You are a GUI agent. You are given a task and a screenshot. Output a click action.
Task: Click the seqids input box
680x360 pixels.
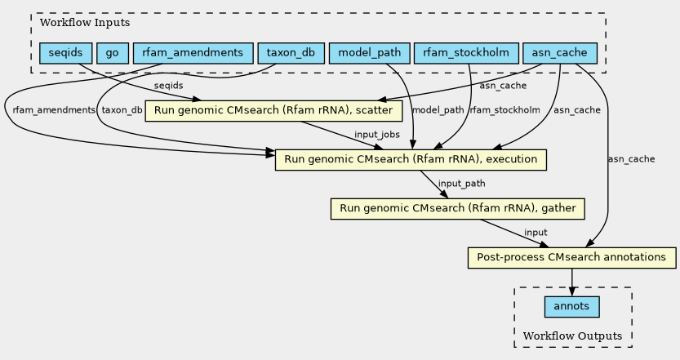point(66,53)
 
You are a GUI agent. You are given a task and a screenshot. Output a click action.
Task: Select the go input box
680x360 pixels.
point(113,53)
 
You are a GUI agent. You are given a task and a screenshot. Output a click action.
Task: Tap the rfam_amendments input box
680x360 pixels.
point(193,53)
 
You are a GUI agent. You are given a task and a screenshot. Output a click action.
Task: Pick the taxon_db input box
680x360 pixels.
point(291,53)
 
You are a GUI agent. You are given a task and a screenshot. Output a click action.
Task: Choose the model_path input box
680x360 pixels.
point(370,53)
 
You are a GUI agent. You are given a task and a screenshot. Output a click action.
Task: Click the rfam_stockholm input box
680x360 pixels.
point(466,53)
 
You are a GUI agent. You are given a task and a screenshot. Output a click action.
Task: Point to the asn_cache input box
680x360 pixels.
point(560,53)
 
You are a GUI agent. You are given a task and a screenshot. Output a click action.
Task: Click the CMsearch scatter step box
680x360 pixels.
point(273,110)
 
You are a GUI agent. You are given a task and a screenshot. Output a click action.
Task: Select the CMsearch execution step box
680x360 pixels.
point(411,160)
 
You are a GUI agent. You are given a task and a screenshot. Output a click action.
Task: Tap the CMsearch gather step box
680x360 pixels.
point(457,209)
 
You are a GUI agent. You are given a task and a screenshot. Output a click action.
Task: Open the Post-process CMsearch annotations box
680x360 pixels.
point(571,258)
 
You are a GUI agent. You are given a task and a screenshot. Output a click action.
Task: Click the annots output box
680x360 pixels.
point(572,307)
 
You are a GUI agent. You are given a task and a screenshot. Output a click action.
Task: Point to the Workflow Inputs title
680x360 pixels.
point(85,23)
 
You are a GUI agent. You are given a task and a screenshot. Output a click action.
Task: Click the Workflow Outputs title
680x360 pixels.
point(572,336)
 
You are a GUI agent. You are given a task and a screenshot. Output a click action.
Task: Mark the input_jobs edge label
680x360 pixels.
point(377,135)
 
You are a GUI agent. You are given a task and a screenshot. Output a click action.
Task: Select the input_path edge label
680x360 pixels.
point(461,184)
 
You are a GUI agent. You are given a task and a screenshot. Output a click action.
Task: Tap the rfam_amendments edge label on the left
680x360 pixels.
point(54,110)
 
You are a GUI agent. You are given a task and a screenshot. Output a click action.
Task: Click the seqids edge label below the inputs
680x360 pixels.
point(169,86)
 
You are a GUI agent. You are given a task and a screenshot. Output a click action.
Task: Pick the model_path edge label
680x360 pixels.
point(438,110)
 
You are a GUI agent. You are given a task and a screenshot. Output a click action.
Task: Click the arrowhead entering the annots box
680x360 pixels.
point(572,292)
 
